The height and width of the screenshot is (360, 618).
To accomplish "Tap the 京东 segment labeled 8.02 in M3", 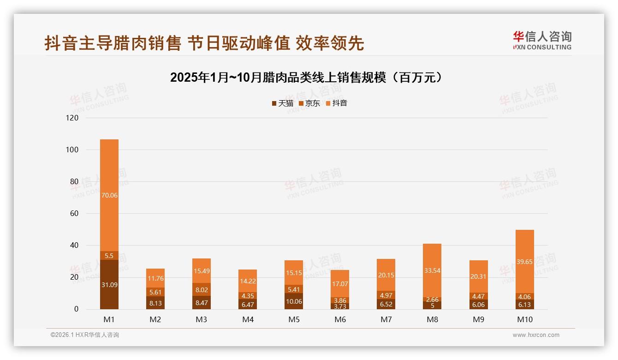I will pos(202,290).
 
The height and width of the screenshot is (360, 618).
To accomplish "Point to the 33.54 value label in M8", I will pos(432,270).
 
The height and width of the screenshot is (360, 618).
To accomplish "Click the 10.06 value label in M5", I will pos(294,302).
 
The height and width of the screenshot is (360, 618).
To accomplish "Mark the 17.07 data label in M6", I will pos(340,284).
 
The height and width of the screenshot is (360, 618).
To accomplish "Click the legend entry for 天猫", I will pos(283,103).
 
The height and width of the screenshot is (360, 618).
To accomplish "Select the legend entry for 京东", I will pos(309,103).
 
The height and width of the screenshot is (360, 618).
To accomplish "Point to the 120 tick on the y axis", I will pos(72,118).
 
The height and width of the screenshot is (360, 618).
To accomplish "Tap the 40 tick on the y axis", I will pos(74,245).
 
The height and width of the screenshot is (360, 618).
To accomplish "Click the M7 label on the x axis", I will pos(386,319).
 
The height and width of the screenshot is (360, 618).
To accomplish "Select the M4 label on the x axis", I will pos(248,319).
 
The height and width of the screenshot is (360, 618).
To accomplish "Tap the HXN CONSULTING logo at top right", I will pos(542,40).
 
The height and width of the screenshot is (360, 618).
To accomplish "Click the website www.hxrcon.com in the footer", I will pos(536,335).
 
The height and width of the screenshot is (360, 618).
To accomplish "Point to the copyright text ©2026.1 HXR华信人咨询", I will pos(85,335).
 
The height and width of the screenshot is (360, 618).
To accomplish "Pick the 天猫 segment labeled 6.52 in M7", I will pos(386,304).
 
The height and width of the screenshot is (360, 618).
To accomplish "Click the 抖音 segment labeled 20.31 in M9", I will pos(478,276).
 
